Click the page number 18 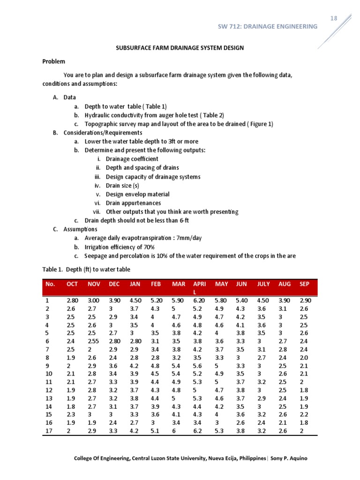(x=333, y=18)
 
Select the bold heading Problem (x=54, y=61)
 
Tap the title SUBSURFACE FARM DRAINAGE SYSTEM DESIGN (x=180, y=48)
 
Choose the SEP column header (x=304, y=284)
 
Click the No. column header (x=50, y=284)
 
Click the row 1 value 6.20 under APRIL (x=199, y=300)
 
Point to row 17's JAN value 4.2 (x=134, y=431)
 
